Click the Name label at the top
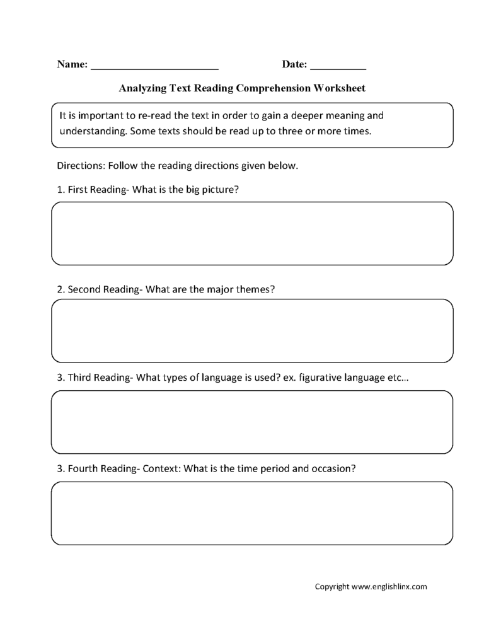click(72, 64)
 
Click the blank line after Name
click(155, 66)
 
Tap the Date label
click(294, 64)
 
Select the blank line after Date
click(338, 66)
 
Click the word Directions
click(80, 166)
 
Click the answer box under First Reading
click(252, 233)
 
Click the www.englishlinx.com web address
click(389, 586)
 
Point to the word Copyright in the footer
click(332, 586)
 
